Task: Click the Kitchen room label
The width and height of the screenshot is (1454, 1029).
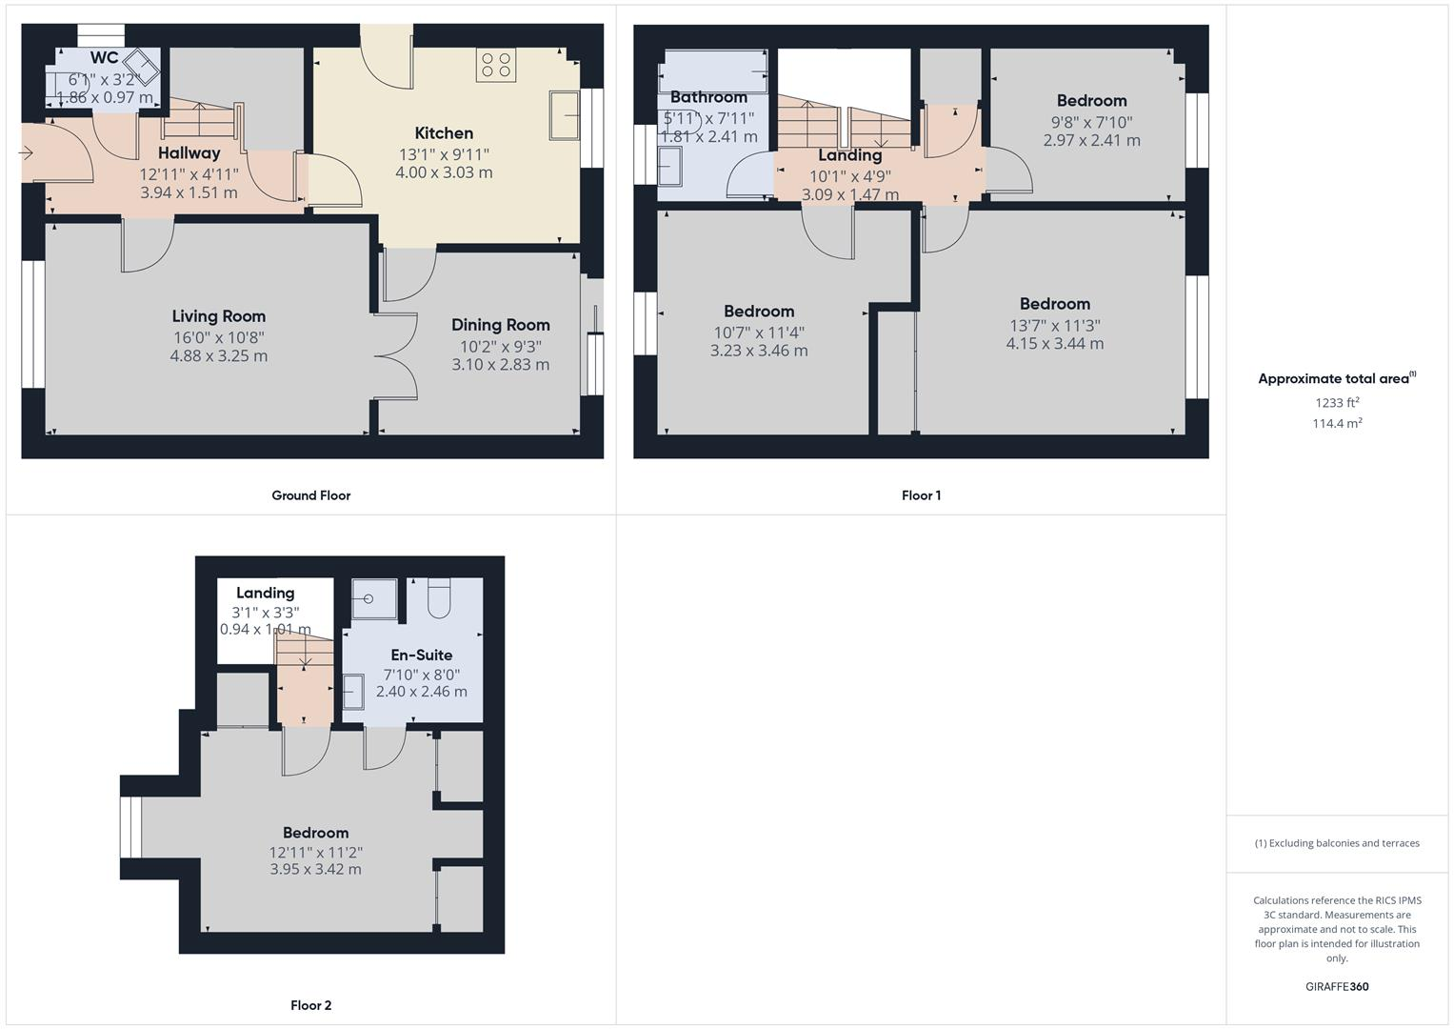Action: click(x=444, y=133)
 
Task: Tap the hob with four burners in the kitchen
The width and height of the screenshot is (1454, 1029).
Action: click(x=496, y=65)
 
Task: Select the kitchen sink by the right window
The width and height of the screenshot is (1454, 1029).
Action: click(x=564, y=115)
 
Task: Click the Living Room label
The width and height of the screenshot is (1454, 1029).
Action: click(x=218, y=316)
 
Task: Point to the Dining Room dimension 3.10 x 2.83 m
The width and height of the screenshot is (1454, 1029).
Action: click(x=500, y=364)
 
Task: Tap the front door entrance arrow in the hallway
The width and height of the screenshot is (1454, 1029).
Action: click(x=26, y=152)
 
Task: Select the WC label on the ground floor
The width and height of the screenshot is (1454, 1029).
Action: click(x=104, y=58)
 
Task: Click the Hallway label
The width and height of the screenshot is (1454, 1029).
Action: click(x=189, y=152)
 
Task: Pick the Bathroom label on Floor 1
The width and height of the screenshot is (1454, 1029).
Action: click(x=708, y=97)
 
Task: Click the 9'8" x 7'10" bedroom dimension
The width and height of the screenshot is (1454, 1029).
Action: click(x=1091, y=122)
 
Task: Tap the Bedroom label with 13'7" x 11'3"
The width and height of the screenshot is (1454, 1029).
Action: click(x=1054, y=304)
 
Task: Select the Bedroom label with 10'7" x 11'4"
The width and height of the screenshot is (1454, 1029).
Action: click(x=758, y=312)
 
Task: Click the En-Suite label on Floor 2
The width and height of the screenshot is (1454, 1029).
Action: click(x=421, y=655)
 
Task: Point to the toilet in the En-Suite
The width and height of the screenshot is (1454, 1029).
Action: click(x=440, y=597)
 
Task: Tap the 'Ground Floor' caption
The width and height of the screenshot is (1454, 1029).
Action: click(x=310, y=495)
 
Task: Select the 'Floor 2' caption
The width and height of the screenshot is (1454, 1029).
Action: click(x=310, y=1005)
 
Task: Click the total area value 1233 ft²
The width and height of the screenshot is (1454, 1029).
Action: click(x=1337, y=403)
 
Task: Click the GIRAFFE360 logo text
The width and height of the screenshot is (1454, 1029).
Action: click(x=1336, y=986)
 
